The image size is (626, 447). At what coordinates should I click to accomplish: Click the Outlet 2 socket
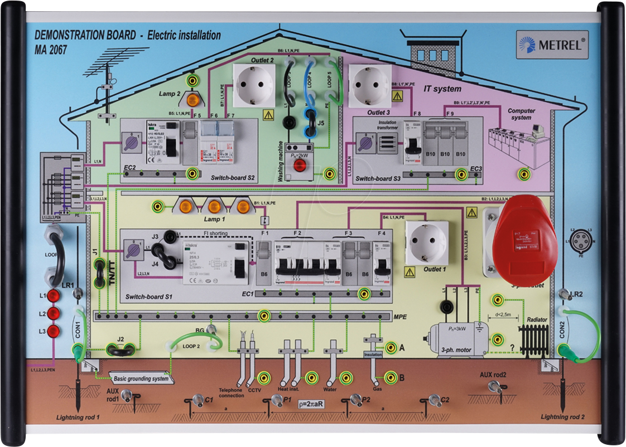click(254, 84)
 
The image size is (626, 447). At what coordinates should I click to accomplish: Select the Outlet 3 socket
click(369, 85)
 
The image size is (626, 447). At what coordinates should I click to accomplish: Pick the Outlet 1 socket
click(426, 242)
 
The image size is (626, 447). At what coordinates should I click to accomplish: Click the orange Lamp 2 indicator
click(192, 100)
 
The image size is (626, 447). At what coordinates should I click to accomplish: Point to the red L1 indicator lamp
click(54, 296)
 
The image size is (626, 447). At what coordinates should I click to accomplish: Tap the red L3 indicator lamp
click(54, 332)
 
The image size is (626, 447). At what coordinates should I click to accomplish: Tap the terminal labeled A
click(391, 347)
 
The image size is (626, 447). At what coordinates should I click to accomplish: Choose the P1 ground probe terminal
click(276, 400)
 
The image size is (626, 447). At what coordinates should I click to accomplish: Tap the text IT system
click(442, 89)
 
